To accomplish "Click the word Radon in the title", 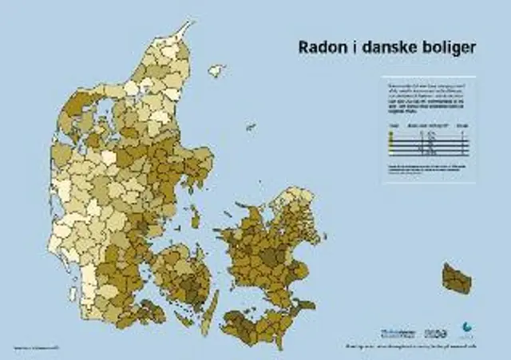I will click(x=319, y=47).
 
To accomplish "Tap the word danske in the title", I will click(x=391, y=47).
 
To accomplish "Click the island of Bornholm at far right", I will click(x=457, y=278).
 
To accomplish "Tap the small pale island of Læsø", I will click(x=216, y=71).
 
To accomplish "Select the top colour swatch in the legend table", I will click(x=391, y=134).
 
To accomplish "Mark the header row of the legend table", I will click(x=427, y=126).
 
